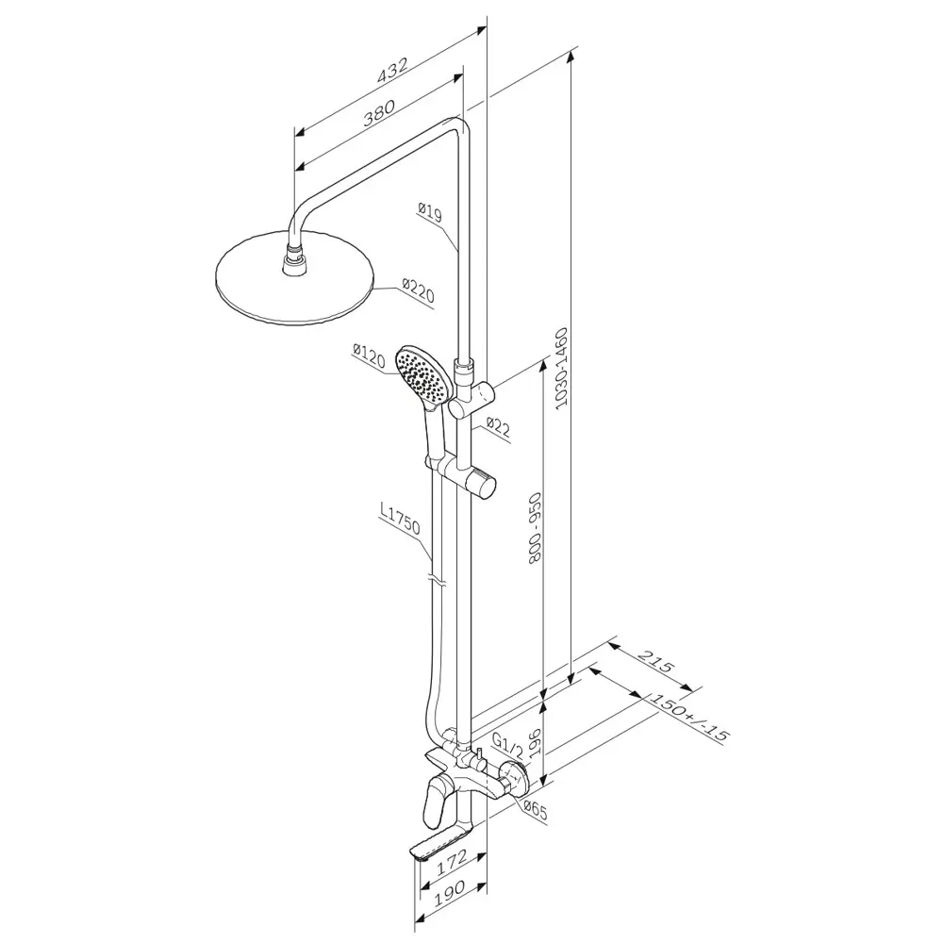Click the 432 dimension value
point(392,70)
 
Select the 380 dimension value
point(379,112)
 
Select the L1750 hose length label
point(399,519)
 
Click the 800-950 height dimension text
point(535,527)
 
